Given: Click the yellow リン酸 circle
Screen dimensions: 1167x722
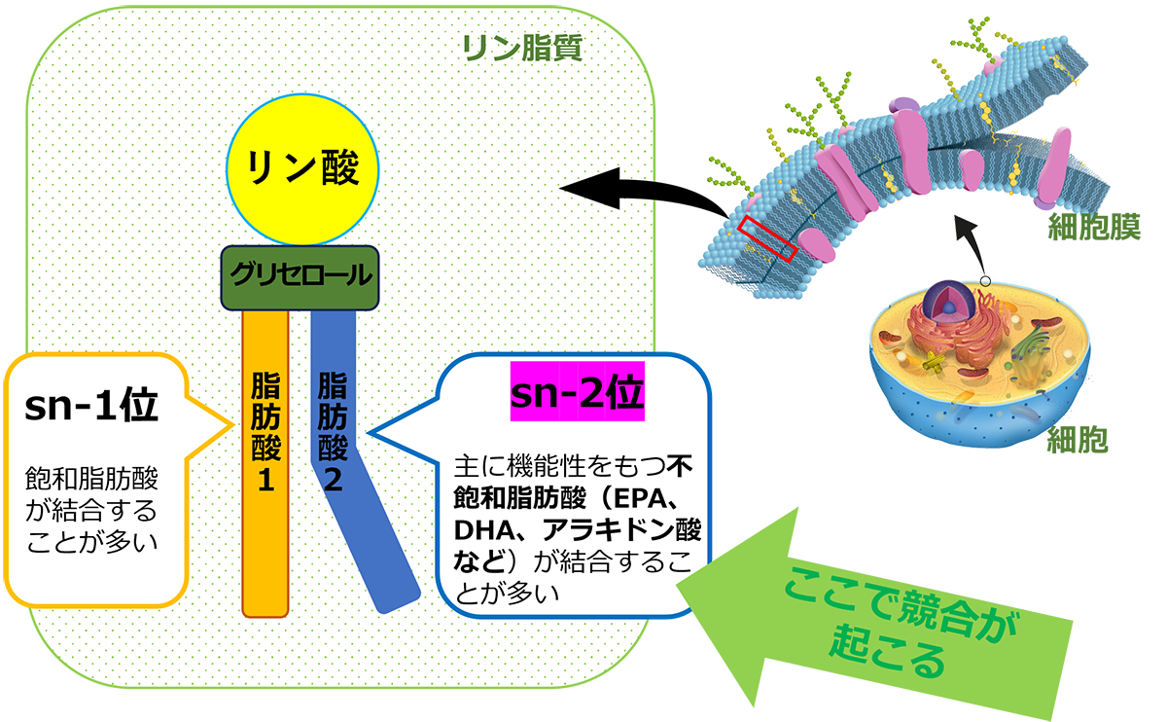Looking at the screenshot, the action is (x=302, y=169).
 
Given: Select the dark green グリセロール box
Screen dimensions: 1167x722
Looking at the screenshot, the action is (x=301, y=278).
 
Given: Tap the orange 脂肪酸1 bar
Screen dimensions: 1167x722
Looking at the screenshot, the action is (x=265, y=463).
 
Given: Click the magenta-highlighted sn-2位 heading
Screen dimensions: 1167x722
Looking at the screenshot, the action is (x=578, y=391).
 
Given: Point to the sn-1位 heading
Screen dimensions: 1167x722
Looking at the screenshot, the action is (x=91, y=406).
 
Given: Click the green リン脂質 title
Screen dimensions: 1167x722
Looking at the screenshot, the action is (x=522, y=49).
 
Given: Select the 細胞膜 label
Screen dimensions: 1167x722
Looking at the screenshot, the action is (x=1095, y=227).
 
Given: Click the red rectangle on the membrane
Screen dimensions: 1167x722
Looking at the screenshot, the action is (x=767, y=238).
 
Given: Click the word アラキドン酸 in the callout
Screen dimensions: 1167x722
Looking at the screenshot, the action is (x=622, y=530).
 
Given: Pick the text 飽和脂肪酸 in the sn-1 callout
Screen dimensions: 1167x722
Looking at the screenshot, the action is (x=91, y=479).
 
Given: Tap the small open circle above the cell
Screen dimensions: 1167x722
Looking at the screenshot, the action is (x=985, y=281).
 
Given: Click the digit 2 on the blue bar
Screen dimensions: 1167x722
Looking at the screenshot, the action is (x=333, y=480).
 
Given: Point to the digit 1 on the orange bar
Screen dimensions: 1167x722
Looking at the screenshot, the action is (x=265, y=480).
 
